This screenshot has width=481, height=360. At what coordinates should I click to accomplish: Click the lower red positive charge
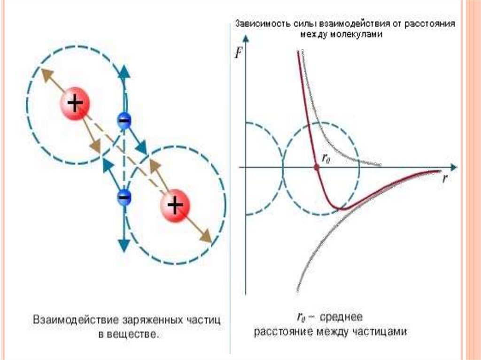175,205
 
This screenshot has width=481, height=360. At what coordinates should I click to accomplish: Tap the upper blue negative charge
124,121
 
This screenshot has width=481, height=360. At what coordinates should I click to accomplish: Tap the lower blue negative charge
124,197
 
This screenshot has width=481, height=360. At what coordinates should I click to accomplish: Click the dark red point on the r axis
317,167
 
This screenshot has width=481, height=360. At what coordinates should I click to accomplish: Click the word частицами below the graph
381,331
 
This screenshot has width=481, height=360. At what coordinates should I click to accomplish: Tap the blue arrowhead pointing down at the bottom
124,245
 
